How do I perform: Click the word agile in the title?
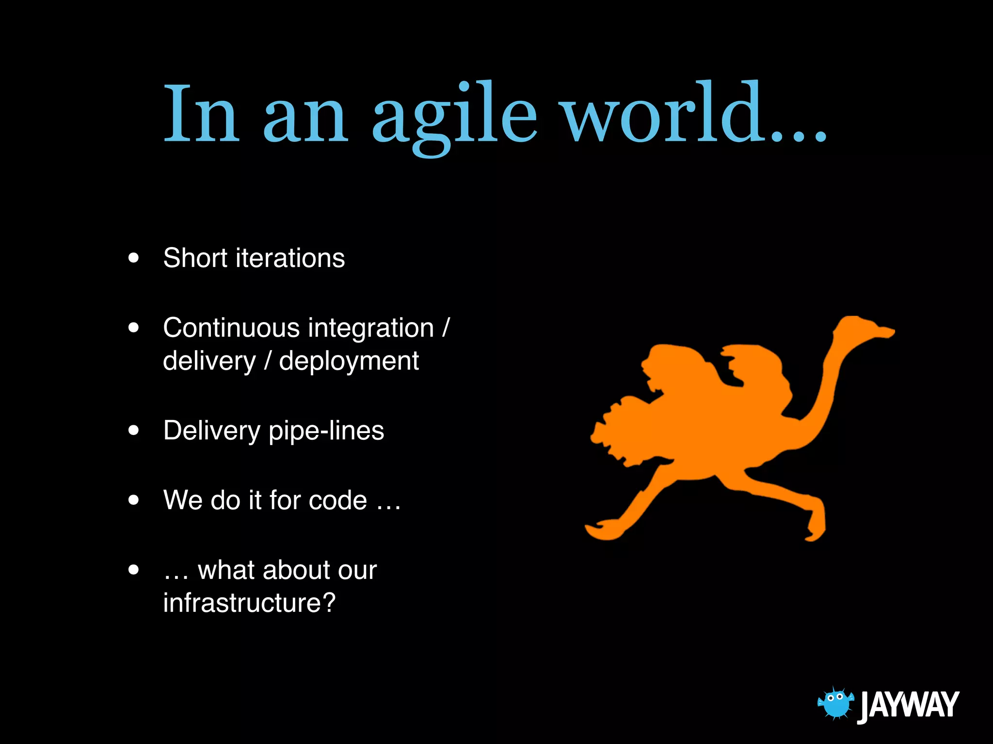[454, 116]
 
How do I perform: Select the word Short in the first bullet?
[195, 258]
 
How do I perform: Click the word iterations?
[290, 258]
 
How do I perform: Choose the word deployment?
[349, 361]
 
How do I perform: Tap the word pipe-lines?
[326, 431]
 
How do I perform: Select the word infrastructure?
[249, 603]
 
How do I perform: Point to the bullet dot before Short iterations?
[134, 258]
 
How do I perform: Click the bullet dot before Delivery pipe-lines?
[134, 430]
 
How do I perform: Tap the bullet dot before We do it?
[134, 500]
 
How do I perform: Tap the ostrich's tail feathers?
[616, 431]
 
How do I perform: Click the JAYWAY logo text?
[909, 705]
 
